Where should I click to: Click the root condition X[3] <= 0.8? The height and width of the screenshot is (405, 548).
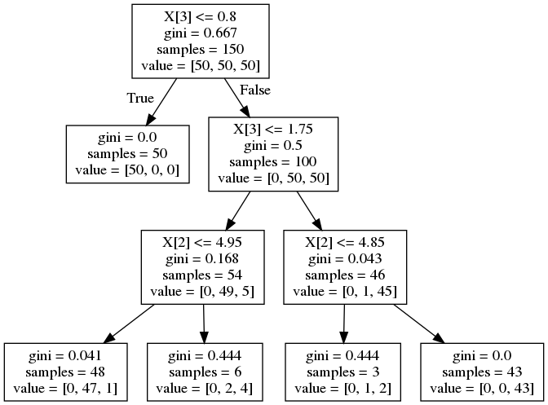[x=201, y=17]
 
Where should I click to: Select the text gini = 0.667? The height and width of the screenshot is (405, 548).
[x=201, y=33]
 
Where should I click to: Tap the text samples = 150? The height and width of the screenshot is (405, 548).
[x=201, y=49]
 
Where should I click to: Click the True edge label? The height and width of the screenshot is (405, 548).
[x=140, y=98]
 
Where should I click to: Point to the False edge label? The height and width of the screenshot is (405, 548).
[x=255, y=90]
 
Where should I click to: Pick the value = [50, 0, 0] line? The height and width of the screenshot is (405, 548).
[x=127, y=170]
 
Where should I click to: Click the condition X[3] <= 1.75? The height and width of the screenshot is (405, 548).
[x=273, y=130]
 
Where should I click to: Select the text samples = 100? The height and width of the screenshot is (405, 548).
[x=273, y=162]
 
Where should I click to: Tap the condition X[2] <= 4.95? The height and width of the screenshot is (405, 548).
[x=202, y=242]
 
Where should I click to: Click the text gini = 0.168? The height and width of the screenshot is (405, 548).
[x=202, y=258]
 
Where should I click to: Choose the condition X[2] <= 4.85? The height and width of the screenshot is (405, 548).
[x=345, y=242]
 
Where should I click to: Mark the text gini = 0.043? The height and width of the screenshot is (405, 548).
[x=345, y=258]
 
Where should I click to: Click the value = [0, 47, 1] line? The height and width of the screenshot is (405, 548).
[x=65, y=388]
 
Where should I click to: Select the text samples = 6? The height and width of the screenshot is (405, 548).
[x=205, y=372]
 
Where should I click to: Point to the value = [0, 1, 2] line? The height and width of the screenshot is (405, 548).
[x=342, y=388]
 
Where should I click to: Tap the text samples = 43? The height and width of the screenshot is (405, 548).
[x=482, y=372]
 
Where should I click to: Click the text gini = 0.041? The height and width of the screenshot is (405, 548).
[x=65, y=356]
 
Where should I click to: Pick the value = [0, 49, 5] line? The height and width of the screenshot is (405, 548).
[x=202, y=292]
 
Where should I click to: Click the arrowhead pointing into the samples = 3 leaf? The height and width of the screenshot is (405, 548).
[x=343, y=337]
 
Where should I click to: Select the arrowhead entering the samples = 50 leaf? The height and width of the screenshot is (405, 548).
[x=150, y=119]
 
